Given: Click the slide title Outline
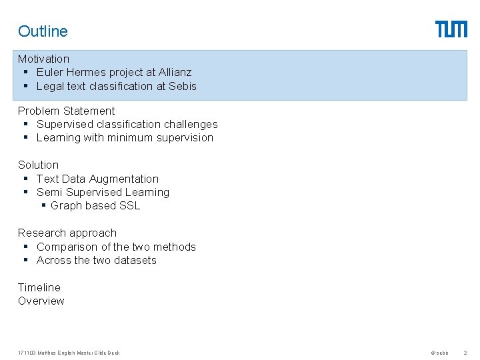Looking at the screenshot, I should tap(43, 31).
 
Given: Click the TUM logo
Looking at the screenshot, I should tap(451, 29).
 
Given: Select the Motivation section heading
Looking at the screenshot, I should tap(43, 59).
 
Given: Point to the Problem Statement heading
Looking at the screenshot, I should tap(66, 111).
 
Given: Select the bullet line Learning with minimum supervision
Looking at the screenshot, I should tap(125, 137).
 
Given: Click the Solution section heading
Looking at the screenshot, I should tap(38, 165).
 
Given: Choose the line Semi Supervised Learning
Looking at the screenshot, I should tap(103, 192).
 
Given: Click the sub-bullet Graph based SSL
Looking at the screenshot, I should tap(95, 205).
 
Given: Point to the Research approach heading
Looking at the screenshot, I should tap(67, 233).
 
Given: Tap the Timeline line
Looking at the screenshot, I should tap(39, 287).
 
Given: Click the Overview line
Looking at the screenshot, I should tap(41, 301).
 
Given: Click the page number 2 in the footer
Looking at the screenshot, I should tap(465, 353).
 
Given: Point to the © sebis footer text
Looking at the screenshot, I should tap(439, 353).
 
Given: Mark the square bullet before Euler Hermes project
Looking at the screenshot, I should tap(25, 72).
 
